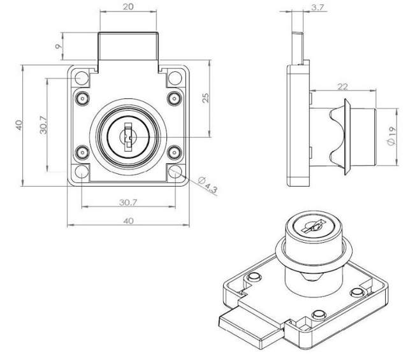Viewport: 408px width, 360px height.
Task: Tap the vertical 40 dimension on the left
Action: (19, 125)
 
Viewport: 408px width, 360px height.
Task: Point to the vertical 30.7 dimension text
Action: (42, 125)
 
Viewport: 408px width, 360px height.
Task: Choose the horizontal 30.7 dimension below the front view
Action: (128, 202)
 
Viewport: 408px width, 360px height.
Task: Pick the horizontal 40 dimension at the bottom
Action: (128, 220)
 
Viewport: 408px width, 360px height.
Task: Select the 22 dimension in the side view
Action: (342, 87)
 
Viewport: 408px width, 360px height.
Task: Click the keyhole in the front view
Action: (128, 136)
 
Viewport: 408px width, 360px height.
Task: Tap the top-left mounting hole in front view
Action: (81, 79)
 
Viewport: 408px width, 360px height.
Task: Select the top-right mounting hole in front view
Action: (175, 79)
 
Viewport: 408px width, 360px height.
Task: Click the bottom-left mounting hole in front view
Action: (81, 172)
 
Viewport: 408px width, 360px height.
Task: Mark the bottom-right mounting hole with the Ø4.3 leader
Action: (175, 172)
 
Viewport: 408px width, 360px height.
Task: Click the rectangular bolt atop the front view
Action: (127, 48)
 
